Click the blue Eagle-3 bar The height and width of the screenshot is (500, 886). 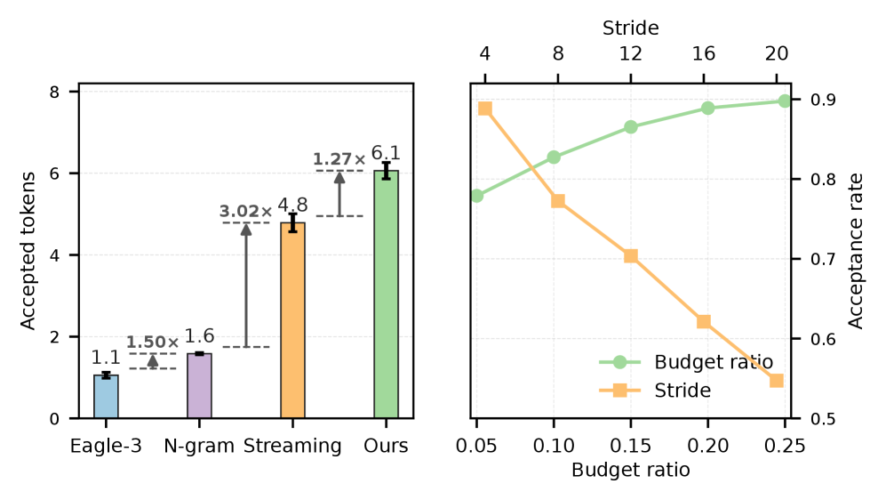(x=106, y=397)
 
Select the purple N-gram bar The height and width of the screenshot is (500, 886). (x=199, y=386)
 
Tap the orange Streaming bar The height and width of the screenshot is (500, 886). (x=292, y=320)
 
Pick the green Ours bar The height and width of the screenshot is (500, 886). (x=386, y=294)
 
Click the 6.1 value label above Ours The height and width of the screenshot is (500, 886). (x=386, y=153)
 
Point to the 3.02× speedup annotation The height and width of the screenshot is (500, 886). (x=246, y=212)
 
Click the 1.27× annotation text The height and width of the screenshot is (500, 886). (x=339, y=159)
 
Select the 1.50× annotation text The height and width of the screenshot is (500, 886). (x=153, y=343)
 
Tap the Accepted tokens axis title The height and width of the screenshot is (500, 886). (x=28, y=251)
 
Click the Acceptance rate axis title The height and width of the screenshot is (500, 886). (x=857, y=251)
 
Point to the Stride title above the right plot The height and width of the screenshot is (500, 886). (x=631, y=28)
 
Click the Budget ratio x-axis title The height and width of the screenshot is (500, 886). (x=631, y=470)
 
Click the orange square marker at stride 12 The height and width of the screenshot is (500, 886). (x=631, y=256)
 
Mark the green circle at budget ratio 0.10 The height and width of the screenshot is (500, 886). (x=554, y=157)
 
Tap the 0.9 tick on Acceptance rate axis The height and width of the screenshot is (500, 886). (x=823, y=100)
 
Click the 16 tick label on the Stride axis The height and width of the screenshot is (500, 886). (x=704, y=53)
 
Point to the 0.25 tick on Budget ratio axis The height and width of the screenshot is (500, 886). (x=785, y=446)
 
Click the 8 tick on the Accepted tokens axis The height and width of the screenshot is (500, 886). (x=55, y=92)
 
